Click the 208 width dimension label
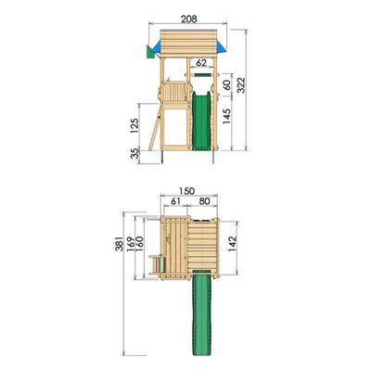(x=188, y=19)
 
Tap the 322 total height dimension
(x=240, y=85)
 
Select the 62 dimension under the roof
(x=201, y=62)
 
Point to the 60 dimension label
(x=227, y=85)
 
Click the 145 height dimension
(x=226, y=116)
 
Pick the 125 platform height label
(x=134, y=125)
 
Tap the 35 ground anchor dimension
(x=134, y=154)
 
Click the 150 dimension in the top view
(x=187, y=191)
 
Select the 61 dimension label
(x=175, y=201)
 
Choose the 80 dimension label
(x=204, y=201)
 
